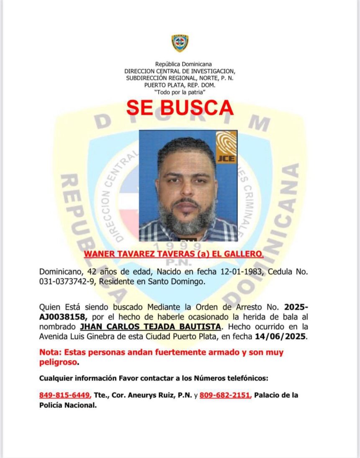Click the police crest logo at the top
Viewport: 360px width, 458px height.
point(180,43)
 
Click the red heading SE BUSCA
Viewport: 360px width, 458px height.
point(180,108)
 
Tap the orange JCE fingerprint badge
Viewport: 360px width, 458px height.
point(226,147)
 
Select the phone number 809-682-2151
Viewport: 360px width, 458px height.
point(225,395)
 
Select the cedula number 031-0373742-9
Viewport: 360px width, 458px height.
point(67,282)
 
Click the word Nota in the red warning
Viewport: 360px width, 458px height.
point(49,352)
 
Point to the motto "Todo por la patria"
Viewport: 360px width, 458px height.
point(180,91)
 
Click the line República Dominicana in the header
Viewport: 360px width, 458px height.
point(180,64)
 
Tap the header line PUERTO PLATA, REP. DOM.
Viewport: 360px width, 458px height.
point(180,84)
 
